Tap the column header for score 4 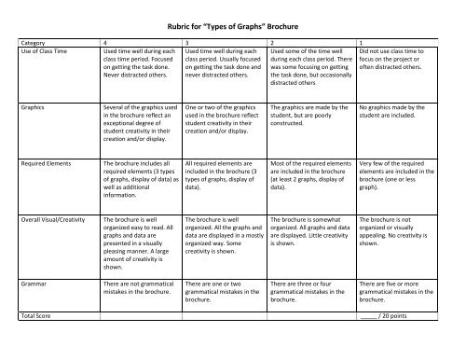click(104, 43)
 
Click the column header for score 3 click(188, 43)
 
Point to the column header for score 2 click(271, 43)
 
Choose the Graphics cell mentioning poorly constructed click(309, 116)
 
